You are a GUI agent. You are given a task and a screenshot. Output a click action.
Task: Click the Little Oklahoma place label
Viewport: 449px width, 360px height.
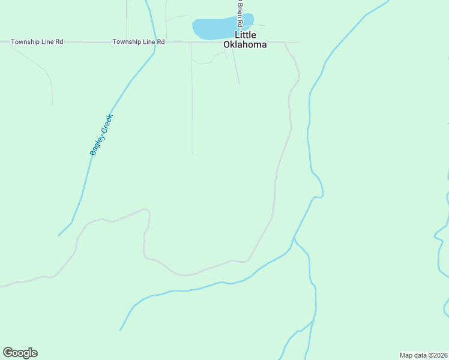245,40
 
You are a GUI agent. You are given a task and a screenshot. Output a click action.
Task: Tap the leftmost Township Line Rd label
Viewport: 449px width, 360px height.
37,42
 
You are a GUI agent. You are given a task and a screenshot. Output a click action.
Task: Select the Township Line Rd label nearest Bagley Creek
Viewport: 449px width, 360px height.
139,42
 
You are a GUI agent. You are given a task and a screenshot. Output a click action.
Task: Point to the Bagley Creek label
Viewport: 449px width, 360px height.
101,134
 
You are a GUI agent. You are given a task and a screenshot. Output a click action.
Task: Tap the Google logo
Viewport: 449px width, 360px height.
20,353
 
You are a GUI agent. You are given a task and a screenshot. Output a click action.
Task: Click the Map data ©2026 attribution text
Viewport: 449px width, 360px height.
424,355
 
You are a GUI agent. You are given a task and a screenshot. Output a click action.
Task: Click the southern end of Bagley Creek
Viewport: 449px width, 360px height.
59,235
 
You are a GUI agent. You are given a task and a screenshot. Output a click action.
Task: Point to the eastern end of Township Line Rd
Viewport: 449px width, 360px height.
298,43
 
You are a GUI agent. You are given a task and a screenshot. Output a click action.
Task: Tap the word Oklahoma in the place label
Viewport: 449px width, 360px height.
245,44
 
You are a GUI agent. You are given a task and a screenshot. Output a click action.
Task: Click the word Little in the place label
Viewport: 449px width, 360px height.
245,35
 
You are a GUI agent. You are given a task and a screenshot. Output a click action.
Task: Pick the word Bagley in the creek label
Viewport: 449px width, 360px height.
95,146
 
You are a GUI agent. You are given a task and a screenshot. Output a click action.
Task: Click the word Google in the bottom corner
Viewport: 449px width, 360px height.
20,353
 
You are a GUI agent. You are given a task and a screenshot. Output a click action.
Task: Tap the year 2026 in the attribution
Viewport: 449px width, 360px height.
440,355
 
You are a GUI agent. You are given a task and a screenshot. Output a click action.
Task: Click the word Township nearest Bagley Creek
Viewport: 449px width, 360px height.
127,42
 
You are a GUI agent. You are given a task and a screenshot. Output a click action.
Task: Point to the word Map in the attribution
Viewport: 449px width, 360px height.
406,355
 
